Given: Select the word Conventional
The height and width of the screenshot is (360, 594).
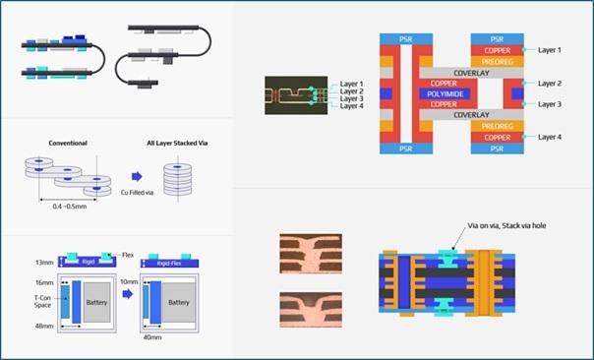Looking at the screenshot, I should tap(68, 143).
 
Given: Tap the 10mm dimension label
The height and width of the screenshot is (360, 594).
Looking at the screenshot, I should tap(129, 280).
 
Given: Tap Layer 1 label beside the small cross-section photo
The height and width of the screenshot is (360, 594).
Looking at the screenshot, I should tap(351, 84).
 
